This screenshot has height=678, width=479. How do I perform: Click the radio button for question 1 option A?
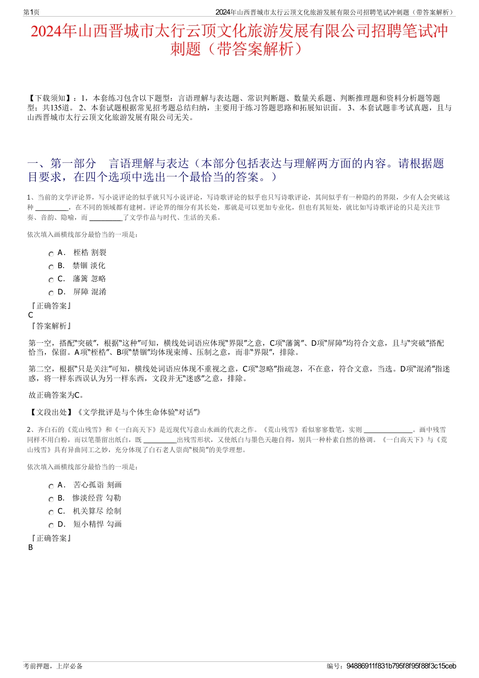pyautogui.click(x=51, y=254)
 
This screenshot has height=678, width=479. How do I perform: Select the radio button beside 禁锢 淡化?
pyautogui.click(x=51, y=267)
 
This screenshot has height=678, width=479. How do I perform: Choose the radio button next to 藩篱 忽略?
pyautogui.click(x=51, y=280)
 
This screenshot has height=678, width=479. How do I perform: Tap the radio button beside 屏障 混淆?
pyautogui.click(x=51, y=293)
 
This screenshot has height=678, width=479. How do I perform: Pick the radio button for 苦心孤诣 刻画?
pyautogui.click(x=51, y=486)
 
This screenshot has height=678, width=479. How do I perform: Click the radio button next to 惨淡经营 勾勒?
pyautogui.click(x=51, y=500)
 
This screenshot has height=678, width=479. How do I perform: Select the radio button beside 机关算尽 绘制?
pyautogui.click(x=51, y=513)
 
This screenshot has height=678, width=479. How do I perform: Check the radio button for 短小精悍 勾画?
pyautogui.click(x=51, y=526)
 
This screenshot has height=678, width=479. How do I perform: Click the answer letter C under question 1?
pyautogui.click(x=31, y=315)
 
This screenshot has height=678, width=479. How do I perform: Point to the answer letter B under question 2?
pyautogui.click(x=31, y=547)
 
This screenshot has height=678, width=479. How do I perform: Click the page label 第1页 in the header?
pyautogui.click(x=31, y=12)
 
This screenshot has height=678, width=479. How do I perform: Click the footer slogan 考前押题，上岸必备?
pyautogui.click(x=53, y=666)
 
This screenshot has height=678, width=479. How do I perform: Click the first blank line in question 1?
pyautogui.click(x=52, y=208)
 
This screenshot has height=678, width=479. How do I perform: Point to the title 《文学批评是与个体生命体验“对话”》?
pyautogui.click(x=139, y=412)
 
